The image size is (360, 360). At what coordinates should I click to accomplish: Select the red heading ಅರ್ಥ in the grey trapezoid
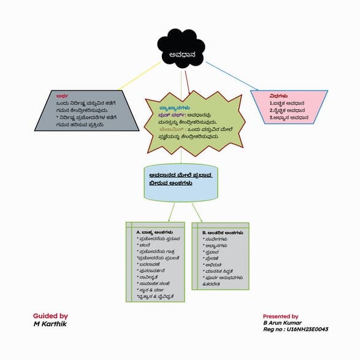(61, 96)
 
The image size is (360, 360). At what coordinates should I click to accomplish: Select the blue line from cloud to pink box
(233, 74)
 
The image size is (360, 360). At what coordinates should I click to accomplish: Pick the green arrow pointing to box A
(170, 212)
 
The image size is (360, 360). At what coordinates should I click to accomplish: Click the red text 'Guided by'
(50, 315)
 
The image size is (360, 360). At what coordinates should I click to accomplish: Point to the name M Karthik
(48, 323)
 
